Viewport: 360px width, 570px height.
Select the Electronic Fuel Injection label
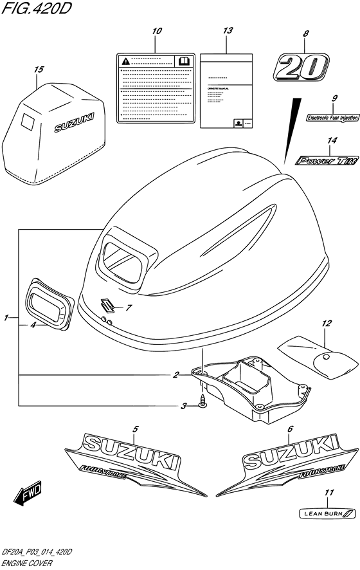pyautogui.click(x=332, y=118)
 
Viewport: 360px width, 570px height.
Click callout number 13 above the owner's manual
pyautogui.click(x=227, y=32)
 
